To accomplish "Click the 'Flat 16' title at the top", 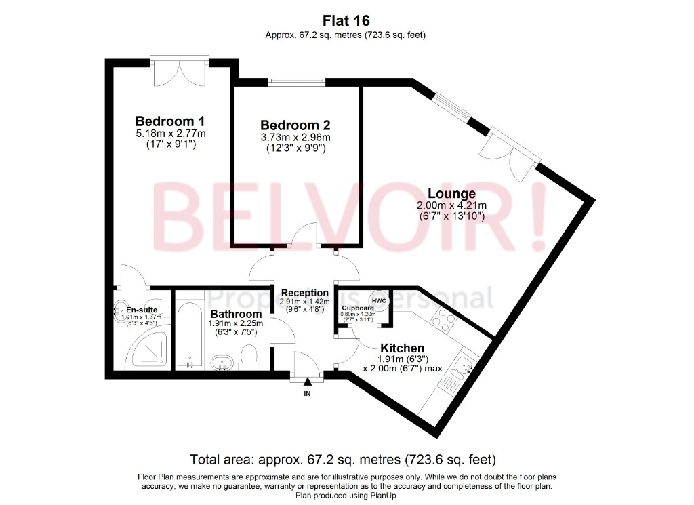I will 346,20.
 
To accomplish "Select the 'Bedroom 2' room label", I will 295,125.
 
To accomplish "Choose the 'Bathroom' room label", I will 236,314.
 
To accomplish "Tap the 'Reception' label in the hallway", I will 304,293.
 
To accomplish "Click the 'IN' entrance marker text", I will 307,394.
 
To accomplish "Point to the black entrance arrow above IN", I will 307,382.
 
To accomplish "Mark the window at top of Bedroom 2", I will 296,82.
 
